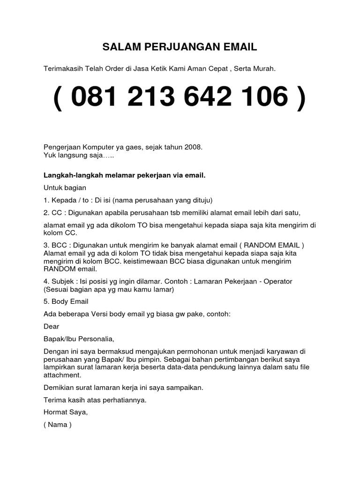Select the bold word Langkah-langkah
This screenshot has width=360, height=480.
[x=69, y=175]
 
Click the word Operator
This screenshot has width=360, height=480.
[x=277, y=281]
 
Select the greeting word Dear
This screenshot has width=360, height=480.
[x=52, y=326]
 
